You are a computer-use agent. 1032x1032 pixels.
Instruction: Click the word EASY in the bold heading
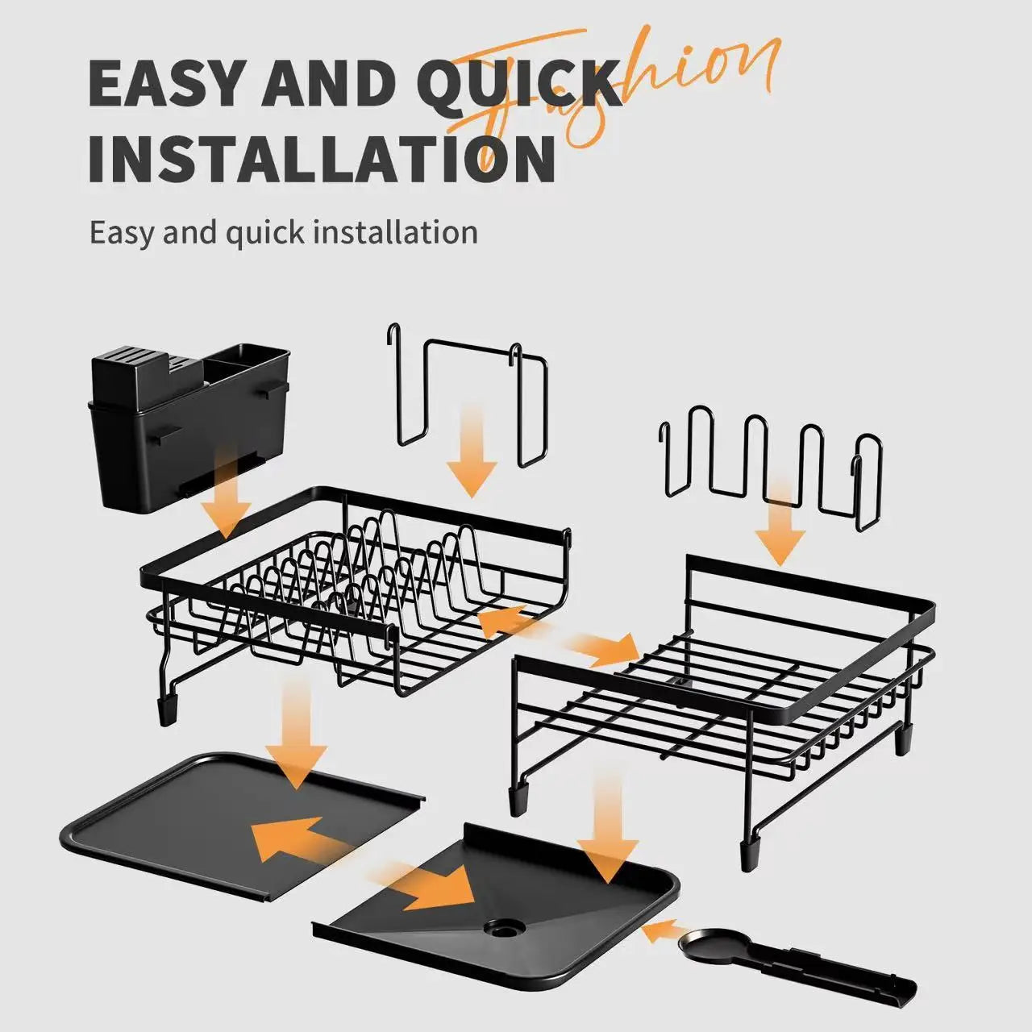point(164,82)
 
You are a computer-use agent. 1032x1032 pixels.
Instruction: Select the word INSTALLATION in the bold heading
point(321,158)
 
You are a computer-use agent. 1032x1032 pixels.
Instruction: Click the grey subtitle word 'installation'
point(395,233)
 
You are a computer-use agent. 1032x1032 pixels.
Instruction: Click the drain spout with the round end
point(798,967)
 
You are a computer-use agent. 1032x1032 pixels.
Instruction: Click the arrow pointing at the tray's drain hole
point(435,887)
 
